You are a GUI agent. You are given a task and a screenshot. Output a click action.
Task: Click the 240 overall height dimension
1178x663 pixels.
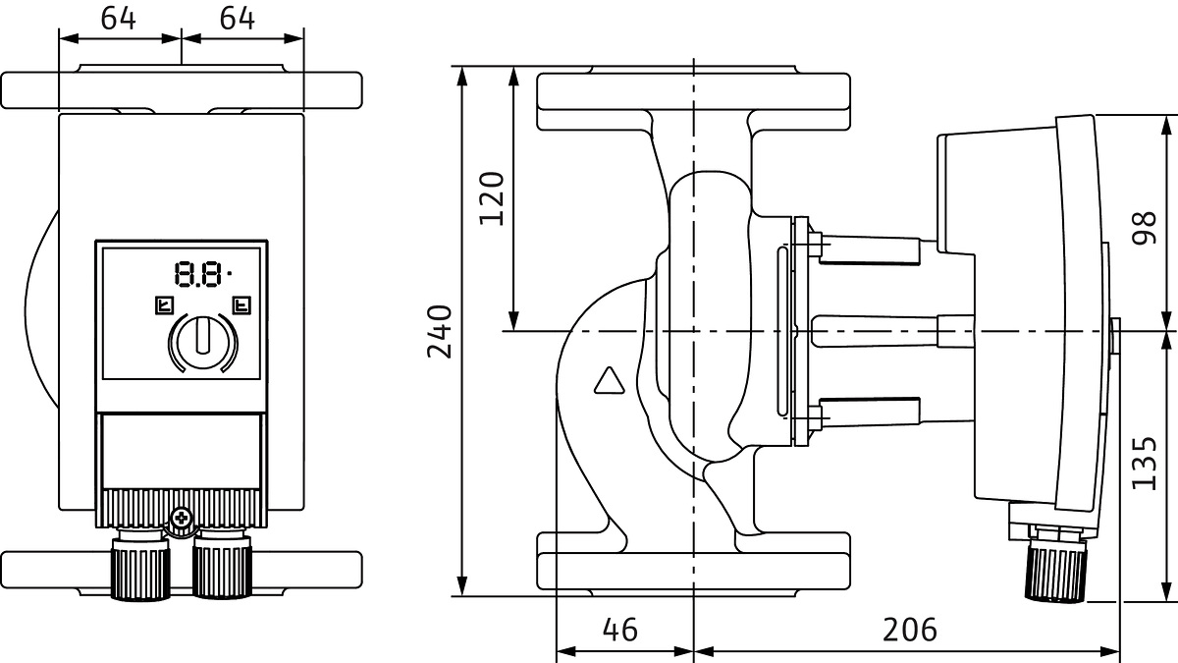coord(441,332)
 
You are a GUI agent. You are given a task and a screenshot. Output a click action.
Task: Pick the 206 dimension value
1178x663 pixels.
coord(908,629)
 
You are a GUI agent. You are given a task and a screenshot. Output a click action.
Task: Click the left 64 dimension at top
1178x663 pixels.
coord(118,19)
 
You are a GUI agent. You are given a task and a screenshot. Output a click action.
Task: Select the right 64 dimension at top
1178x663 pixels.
coord(238,19)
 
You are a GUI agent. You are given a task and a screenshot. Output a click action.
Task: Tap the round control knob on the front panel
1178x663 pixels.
coord(203,339)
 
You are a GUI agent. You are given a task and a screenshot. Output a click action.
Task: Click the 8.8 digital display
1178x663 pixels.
coord(198,273)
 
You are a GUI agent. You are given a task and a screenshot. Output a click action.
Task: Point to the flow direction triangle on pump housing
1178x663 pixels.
coord(609,380)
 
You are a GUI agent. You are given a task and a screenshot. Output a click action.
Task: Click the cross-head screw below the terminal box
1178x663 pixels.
coord(181,517)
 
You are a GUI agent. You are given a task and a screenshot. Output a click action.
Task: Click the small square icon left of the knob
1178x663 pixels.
coord(163,304)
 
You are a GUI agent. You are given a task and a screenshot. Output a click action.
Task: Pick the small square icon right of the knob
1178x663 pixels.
coord(241,304)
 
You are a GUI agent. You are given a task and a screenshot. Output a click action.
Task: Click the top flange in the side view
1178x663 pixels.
coord(693,100)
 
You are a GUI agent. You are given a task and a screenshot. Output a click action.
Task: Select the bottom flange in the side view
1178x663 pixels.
coord(693,563)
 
